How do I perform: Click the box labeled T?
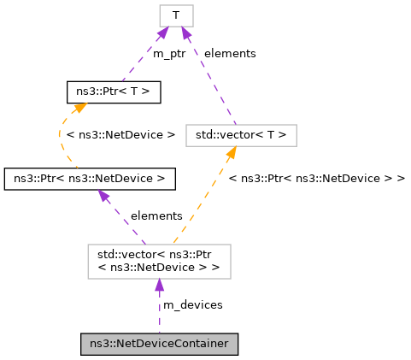176,15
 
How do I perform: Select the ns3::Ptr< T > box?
103,90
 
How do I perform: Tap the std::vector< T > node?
241,134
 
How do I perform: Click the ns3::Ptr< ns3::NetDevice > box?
90,179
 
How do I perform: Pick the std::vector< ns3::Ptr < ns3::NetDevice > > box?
159,262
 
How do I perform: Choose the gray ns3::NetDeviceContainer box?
159,344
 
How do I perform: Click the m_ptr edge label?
170,53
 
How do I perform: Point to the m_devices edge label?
193,304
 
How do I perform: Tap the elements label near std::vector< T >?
230,53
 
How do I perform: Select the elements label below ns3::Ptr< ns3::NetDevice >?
156,215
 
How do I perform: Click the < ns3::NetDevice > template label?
120,134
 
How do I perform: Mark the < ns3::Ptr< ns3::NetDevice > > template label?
317,178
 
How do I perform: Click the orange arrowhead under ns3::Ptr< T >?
78,107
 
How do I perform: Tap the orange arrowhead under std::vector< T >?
231,152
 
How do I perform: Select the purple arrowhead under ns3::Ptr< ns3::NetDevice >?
103,196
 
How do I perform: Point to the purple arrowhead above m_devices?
159,286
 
